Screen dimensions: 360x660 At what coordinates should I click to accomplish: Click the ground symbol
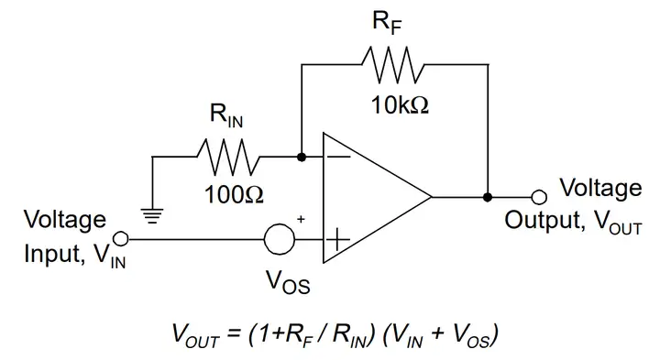pyautogui.click(x=152, y=216)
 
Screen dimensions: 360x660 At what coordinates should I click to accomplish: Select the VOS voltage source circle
pyautogui.click(x=280, y=240)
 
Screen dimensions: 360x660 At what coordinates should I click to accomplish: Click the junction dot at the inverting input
pyautogui.click(x=302, y=158)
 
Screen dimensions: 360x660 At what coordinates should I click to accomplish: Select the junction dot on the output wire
pyautogui.click(x=488, y=197)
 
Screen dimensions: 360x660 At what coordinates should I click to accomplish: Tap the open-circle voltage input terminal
pyautogui.click(x=123, y=240)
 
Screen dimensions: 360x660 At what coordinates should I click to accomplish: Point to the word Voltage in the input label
pyautogui.click(x=64, y=220)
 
